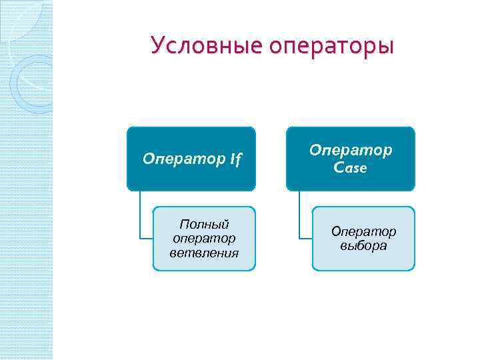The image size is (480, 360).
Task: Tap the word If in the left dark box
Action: (x=236, y=160)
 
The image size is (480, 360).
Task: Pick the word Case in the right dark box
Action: (x=351, y=168)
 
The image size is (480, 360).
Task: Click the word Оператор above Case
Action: (x=351, y=151)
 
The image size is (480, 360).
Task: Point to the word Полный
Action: (x=205, y=223)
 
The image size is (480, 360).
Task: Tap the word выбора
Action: (x=363, y=245)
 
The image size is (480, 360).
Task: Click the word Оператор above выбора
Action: (x=363, y=231)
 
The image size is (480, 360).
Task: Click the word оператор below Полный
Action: (x=205, y=238)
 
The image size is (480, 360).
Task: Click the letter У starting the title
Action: (x=157, y=45)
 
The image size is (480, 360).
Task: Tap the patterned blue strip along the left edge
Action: (x=26, y=200)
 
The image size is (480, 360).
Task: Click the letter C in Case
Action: (x=339, y=168)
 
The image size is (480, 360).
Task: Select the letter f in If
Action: (x=239, y=161)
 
